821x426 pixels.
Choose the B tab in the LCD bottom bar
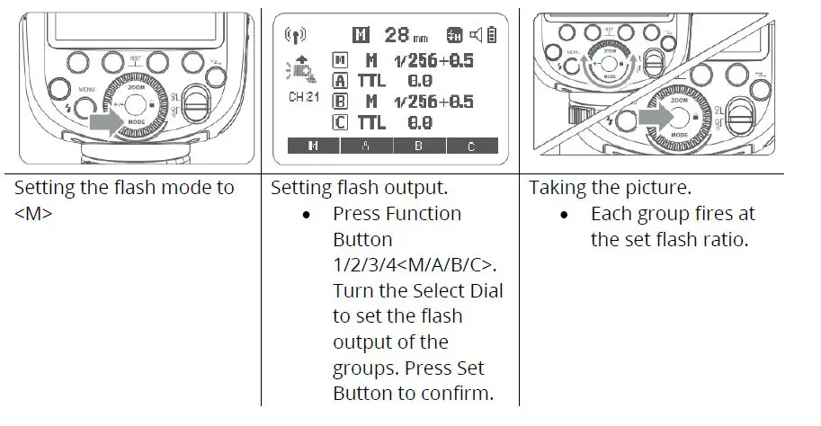[417, 145]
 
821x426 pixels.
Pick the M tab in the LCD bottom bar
[312, 145]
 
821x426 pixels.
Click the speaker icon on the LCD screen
[475, 36]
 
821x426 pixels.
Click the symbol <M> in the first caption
[32, 215]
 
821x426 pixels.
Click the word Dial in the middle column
[486, 291]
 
